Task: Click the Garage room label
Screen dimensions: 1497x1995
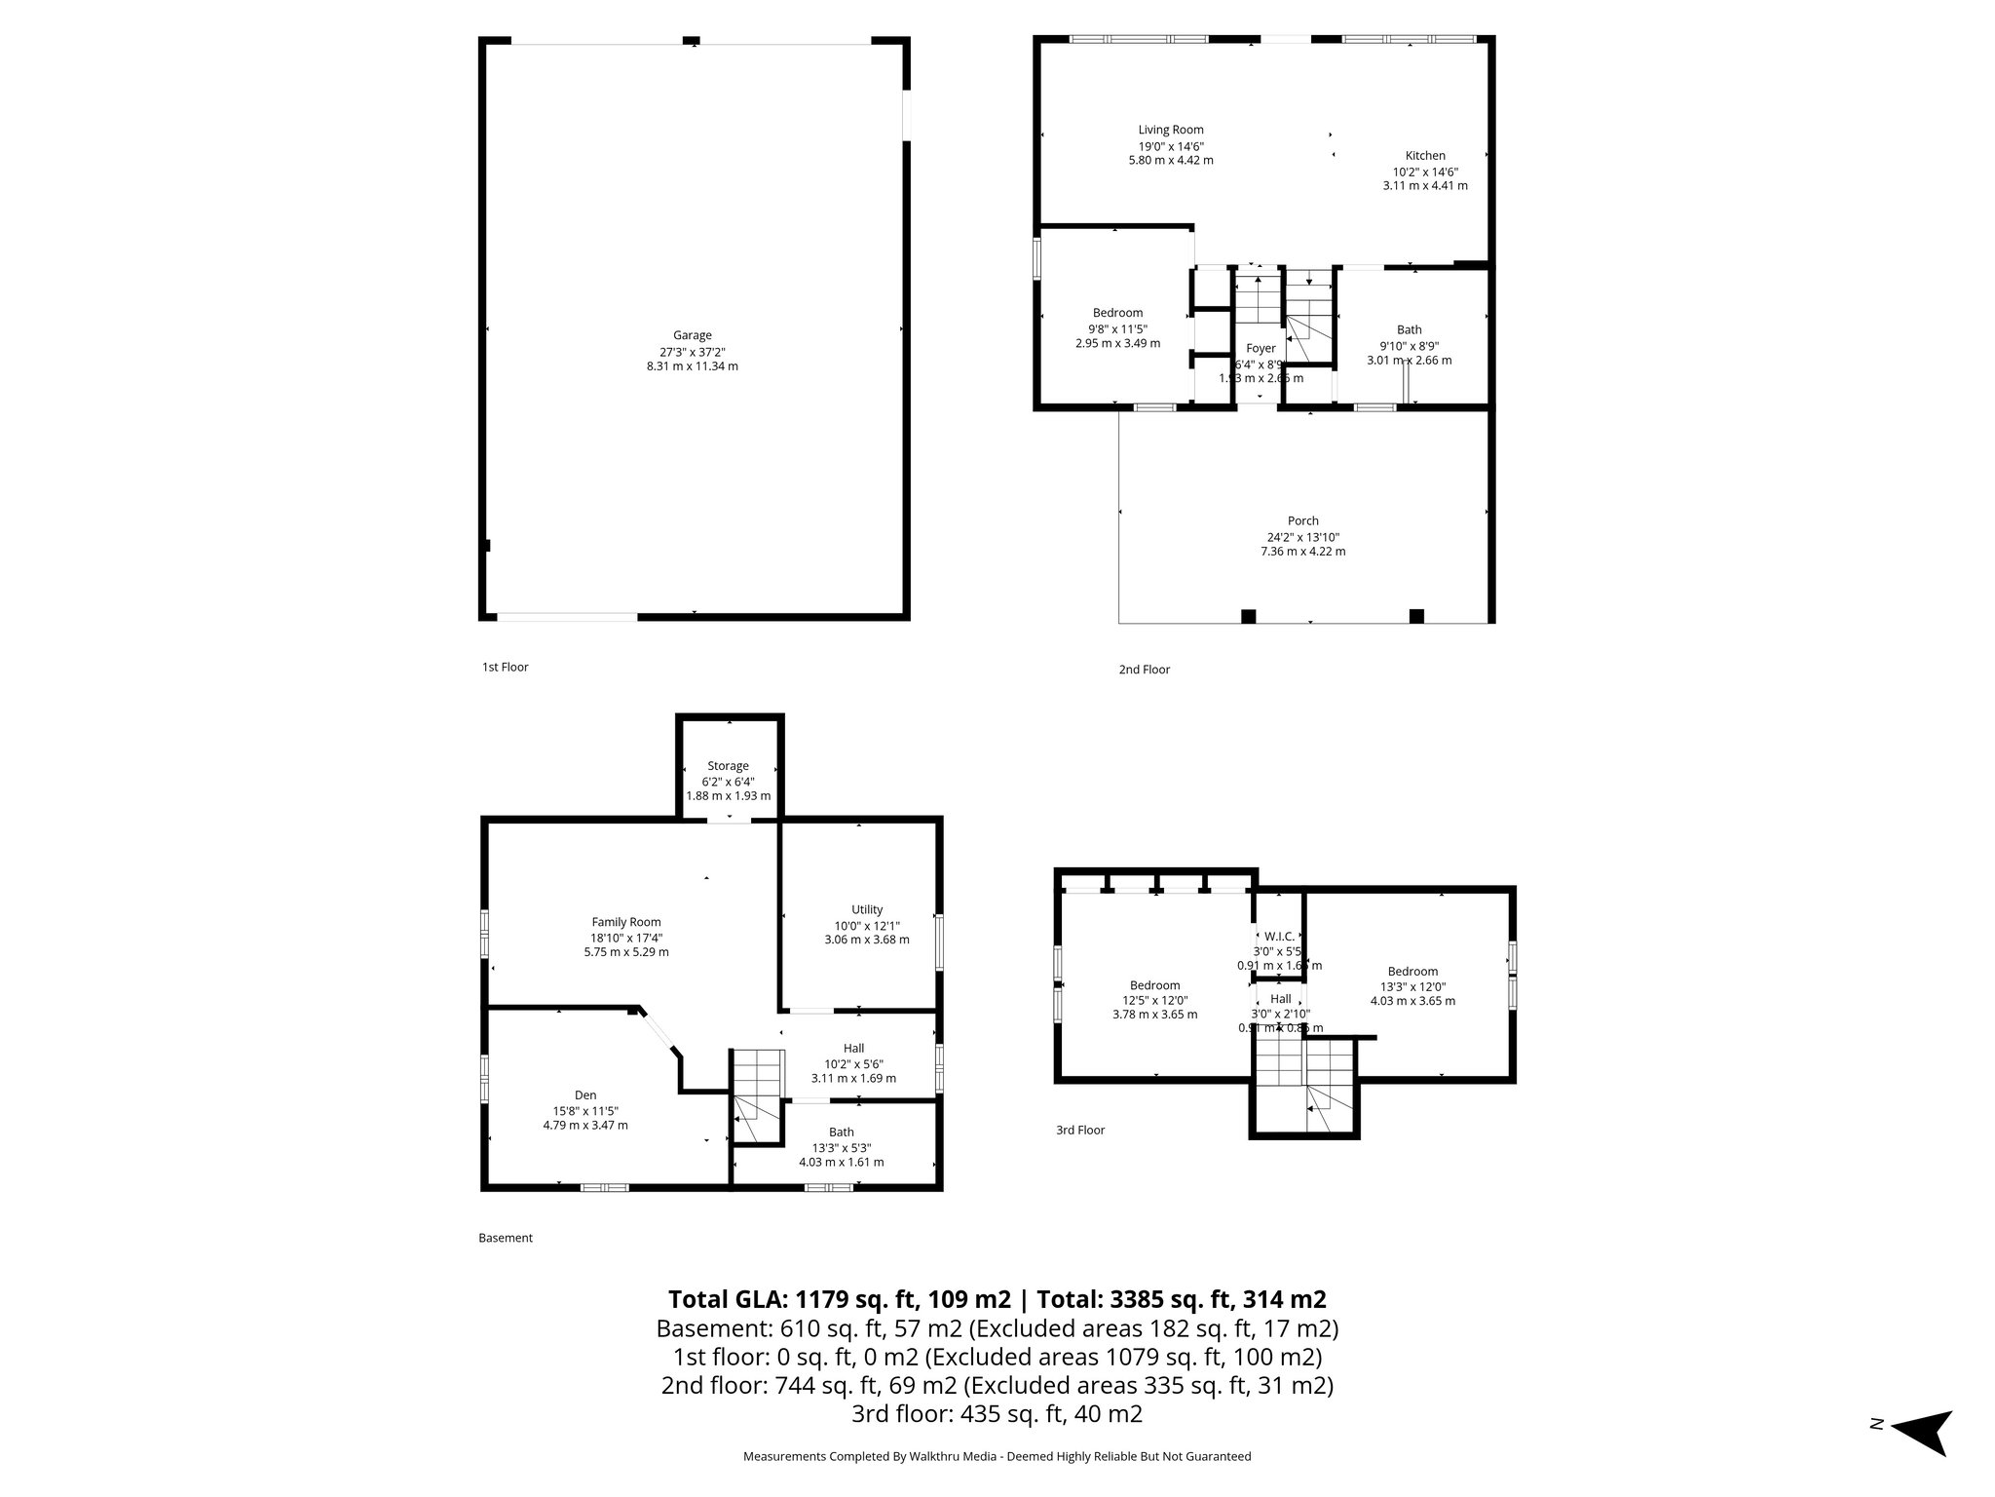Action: pos(692,335)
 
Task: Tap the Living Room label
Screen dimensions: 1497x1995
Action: pos(1171,130)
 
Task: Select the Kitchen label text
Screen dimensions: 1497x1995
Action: pos(1424,156)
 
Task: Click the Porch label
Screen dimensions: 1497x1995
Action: pos(1302,521)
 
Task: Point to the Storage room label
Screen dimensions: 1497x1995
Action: pos(728,766)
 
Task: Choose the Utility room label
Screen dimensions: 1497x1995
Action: pos(866,910)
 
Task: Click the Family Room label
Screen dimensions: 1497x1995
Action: pos(625,922)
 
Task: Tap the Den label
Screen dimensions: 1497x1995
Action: pos(584,1095)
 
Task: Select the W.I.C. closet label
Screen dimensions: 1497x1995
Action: pos(1279,937)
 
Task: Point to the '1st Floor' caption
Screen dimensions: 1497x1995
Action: pos(505,668)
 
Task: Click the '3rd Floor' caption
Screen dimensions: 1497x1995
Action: pos(1080,1131)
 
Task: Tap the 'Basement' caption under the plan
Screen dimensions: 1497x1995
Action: pos(506,1239)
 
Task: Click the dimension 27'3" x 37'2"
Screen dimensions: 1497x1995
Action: pos(692,351)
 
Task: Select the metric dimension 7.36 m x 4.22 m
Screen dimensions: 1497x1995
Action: pos(1302,552)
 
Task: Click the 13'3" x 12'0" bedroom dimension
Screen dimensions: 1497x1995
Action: pos(1412,986)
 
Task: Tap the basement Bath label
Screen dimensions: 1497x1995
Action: pos(841,1132)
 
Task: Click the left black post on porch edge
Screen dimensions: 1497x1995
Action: pos(1248,616)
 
